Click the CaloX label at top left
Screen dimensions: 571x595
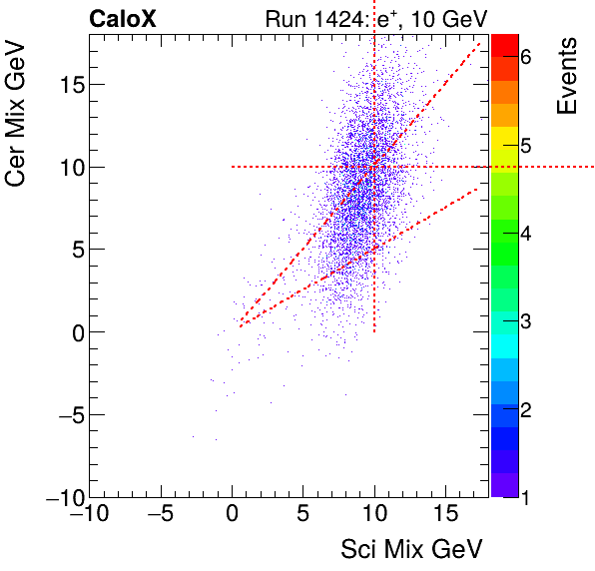[123, 18]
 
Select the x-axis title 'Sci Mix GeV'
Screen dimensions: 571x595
[412, 548]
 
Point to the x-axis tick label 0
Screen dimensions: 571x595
[233, 516]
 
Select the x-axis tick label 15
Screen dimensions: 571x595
[444, 516]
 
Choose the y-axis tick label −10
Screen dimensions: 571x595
[58, 497]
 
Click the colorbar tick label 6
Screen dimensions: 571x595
[526, 57]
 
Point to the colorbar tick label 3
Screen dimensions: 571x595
[526, 321]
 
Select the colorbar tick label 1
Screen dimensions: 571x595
[526, 496]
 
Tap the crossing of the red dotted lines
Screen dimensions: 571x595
[374, 167]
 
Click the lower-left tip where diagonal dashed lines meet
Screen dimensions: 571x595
[239, 325]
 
